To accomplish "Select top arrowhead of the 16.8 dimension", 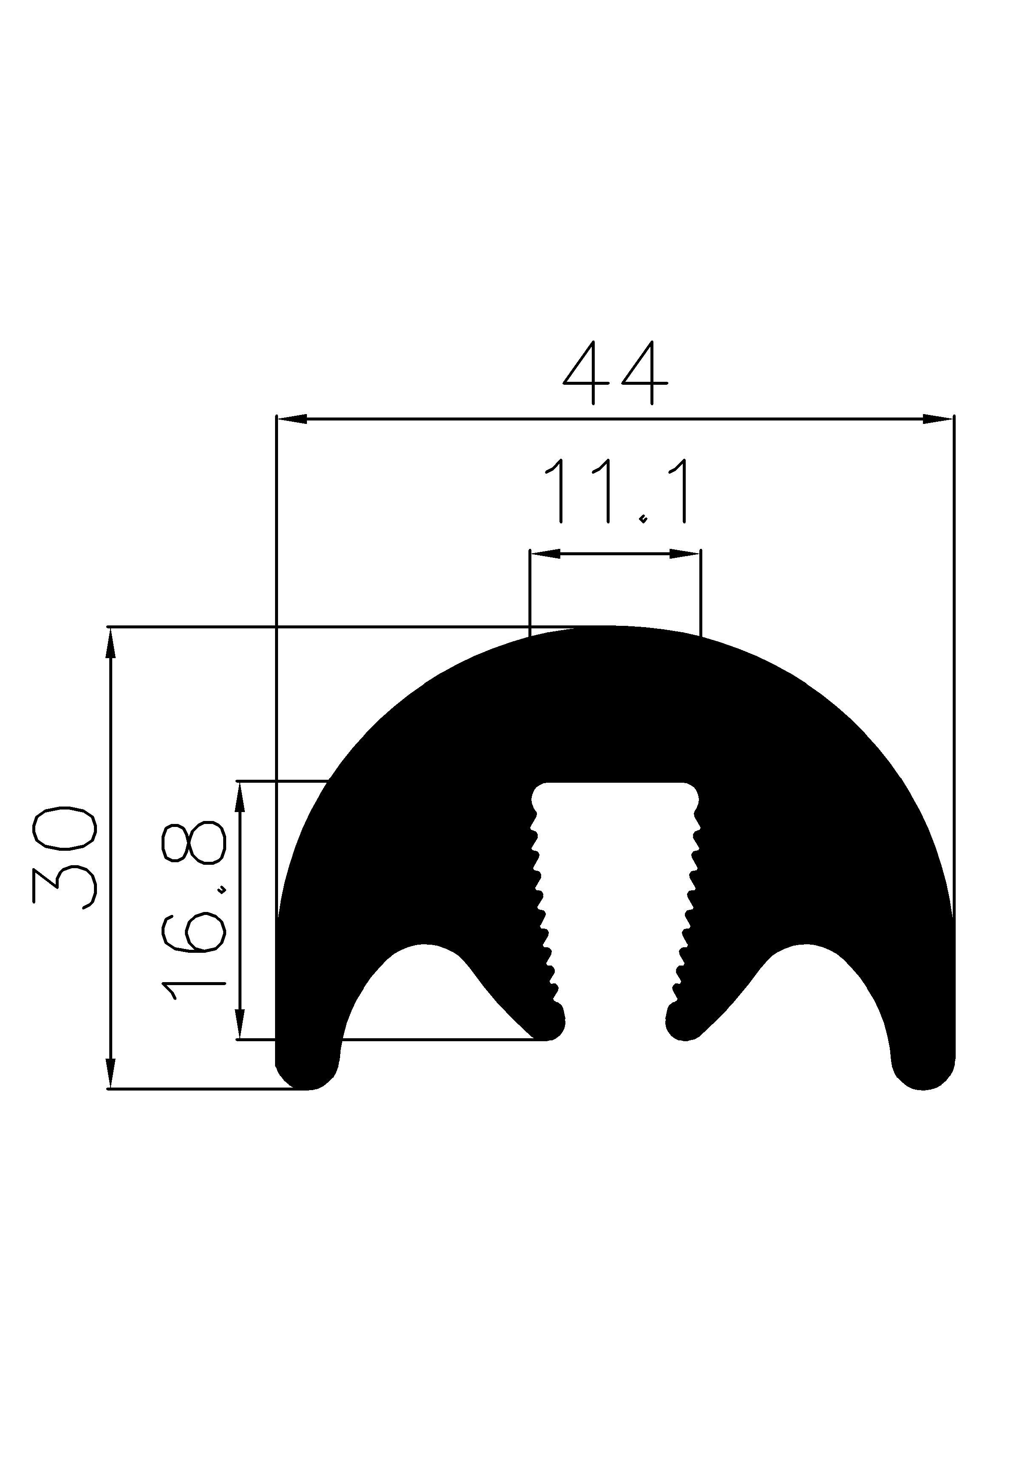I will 240,797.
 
